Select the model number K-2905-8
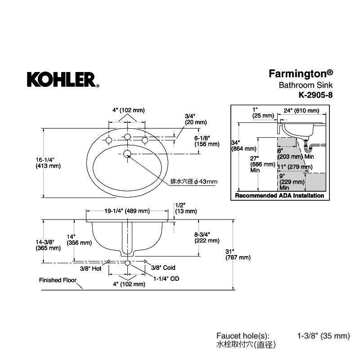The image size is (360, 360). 315,95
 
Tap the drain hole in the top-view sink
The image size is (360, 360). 127,154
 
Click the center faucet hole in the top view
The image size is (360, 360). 127,137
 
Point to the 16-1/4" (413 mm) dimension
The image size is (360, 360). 48,163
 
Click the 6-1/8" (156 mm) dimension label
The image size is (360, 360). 207,141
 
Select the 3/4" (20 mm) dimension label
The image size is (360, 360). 196,119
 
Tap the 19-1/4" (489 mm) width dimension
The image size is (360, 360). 127,211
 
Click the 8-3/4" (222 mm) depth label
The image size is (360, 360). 207,238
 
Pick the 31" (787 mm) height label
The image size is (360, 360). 238,255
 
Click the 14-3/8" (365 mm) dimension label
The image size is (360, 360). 48,245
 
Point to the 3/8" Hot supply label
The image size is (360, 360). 91,268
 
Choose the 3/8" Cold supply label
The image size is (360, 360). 163,268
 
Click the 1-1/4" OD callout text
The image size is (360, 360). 166,279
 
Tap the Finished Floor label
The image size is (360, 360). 58,280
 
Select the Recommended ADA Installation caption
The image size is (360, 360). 279,196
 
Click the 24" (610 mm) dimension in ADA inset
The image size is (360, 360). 301,111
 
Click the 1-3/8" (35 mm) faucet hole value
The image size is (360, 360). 324,336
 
